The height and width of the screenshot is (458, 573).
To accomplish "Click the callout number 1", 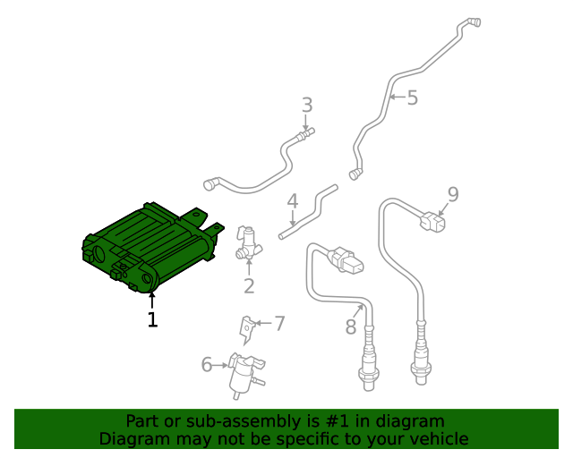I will [152, 318].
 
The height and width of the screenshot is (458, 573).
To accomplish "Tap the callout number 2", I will [249, 286].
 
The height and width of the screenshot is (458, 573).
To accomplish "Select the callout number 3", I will [307, 105].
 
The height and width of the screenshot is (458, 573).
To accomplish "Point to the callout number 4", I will [293, 202].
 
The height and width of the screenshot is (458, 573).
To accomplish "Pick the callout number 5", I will [412, 98].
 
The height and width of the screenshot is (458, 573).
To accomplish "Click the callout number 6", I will [207, 364].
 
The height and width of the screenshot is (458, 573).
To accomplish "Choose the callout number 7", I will [279, 323].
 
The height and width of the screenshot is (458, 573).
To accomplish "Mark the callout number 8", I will [351, 327].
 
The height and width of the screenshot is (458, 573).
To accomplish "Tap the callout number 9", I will [453, 194].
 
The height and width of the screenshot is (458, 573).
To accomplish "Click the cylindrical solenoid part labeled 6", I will [241, 375].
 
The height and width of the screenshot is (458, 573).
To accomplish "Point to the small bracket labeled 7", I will [245, 328].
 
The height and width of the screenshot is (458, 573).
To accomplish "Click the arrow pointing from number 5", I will [396, 97].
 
